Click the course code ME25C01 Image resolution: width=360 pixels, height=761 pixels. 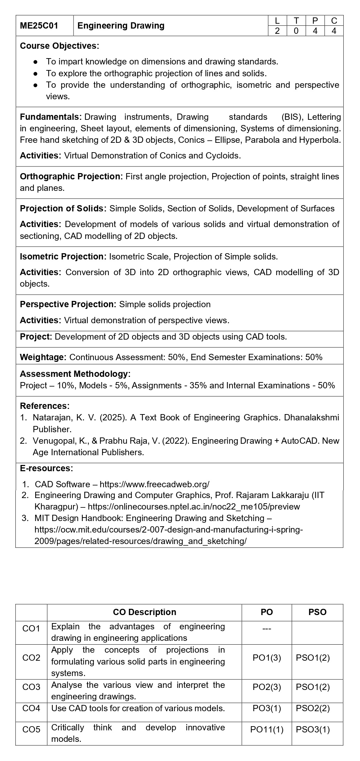39,26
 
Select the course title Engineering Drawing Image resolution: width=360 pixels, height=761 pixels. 121,26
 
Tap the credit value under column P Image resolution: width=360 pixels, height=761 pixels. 315,31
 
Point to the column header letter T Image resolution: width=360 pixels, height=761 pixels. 296,21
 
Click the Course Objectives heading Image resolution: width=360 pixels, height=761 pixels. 59,46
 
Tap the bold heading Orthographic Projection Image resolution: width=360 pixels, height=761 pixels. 71,177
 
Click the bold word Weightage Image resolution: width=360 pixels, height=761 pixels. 43,357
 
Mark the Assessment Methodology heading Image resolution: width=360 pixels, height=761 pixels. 75,374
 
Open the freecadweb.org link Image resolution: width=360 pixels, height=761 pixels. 154,484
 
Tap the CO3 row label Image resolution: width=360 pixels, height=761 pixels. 31,687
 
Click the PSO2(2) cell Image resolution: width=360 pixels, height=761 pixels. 313,708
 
